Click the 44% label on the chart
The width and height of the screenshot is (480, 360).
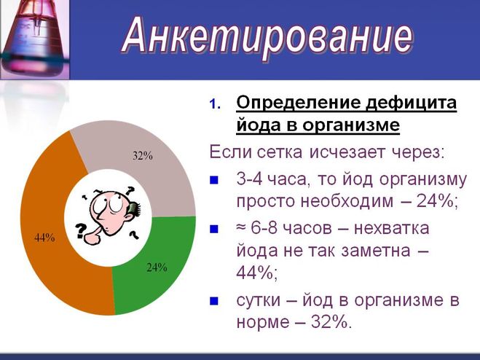coord(44,237)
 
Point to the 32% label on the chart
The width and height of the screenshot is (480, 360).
coord(142,156)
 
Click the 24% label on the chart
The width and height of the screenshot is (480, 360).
coord(157,267)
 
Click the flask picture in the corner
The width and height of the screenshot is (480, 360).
coord(34,39)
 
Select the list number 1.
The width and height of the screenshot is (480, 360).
coord(215,104)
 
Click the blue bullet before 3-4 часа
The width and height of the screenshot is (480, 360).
coord(214,179)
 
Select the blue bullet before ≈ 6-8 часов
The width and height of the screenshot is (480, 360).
coord(214,229)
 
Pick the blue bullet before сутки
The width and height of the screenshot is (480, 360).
coord(214,301)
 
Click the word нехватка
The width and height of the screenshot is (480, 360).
coord(392,229)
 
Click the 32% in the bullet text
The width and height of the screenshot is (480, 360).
coord(329,321)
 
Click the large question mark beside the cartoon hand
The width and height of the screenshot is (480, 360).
coord(80,230)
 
